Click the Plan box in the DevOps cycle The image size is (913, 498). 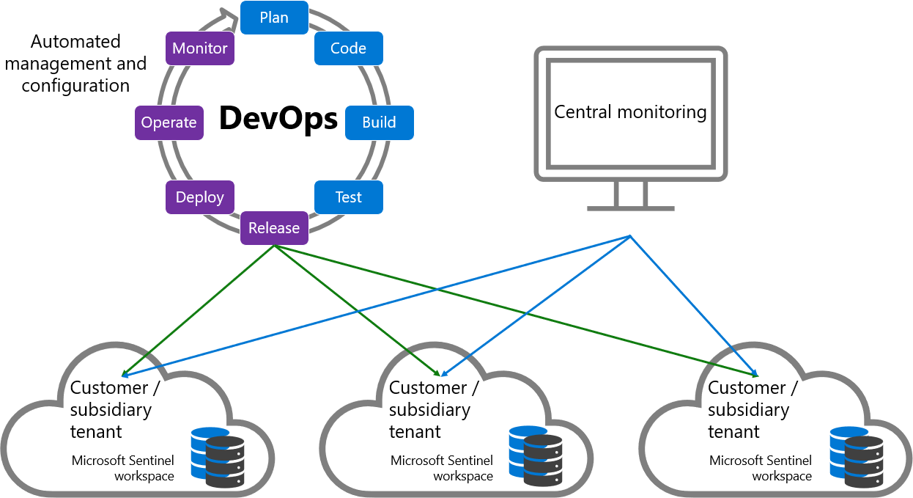pyautogui.click(x=274, y=18)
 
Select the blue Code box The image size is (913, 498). pyautogui.click(x=348, y=48)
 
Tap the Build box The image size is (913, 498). pyautogui.click(x=379, y=122)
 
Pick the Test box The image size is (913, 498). pyautogui.click(x=348, y=197)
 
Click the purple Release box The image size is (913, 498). pyautogui.click(x=274, y=228)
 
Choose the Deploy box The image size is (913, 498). pyautogui.click(x=199, y=197)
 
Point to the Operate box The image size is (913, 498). pyautogui.click(x=169, y=122)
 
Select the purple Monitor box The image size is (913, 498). pyautogui.click(x=199, y=48)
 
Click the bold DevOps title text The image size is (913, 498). pyautogui.click(x=278, y=119)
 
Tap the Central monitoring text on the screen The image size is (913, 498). pyautogui.click(x=630, y=112)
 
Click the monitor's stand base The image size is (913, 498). pyautogui.click(x=630, y=208)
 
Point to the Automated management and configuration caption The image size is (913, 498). pyautogui.click(x=75, y=63)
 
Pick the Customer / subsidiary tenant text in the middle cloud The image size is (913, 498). pyautogui.click(x=434, y=409)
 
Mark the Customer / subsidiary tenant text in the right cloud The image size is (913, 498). pyautogui.click(x=753, y=409)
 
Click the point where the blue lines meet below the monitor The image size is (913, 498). pyautogui.click(x=630, y=235)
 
